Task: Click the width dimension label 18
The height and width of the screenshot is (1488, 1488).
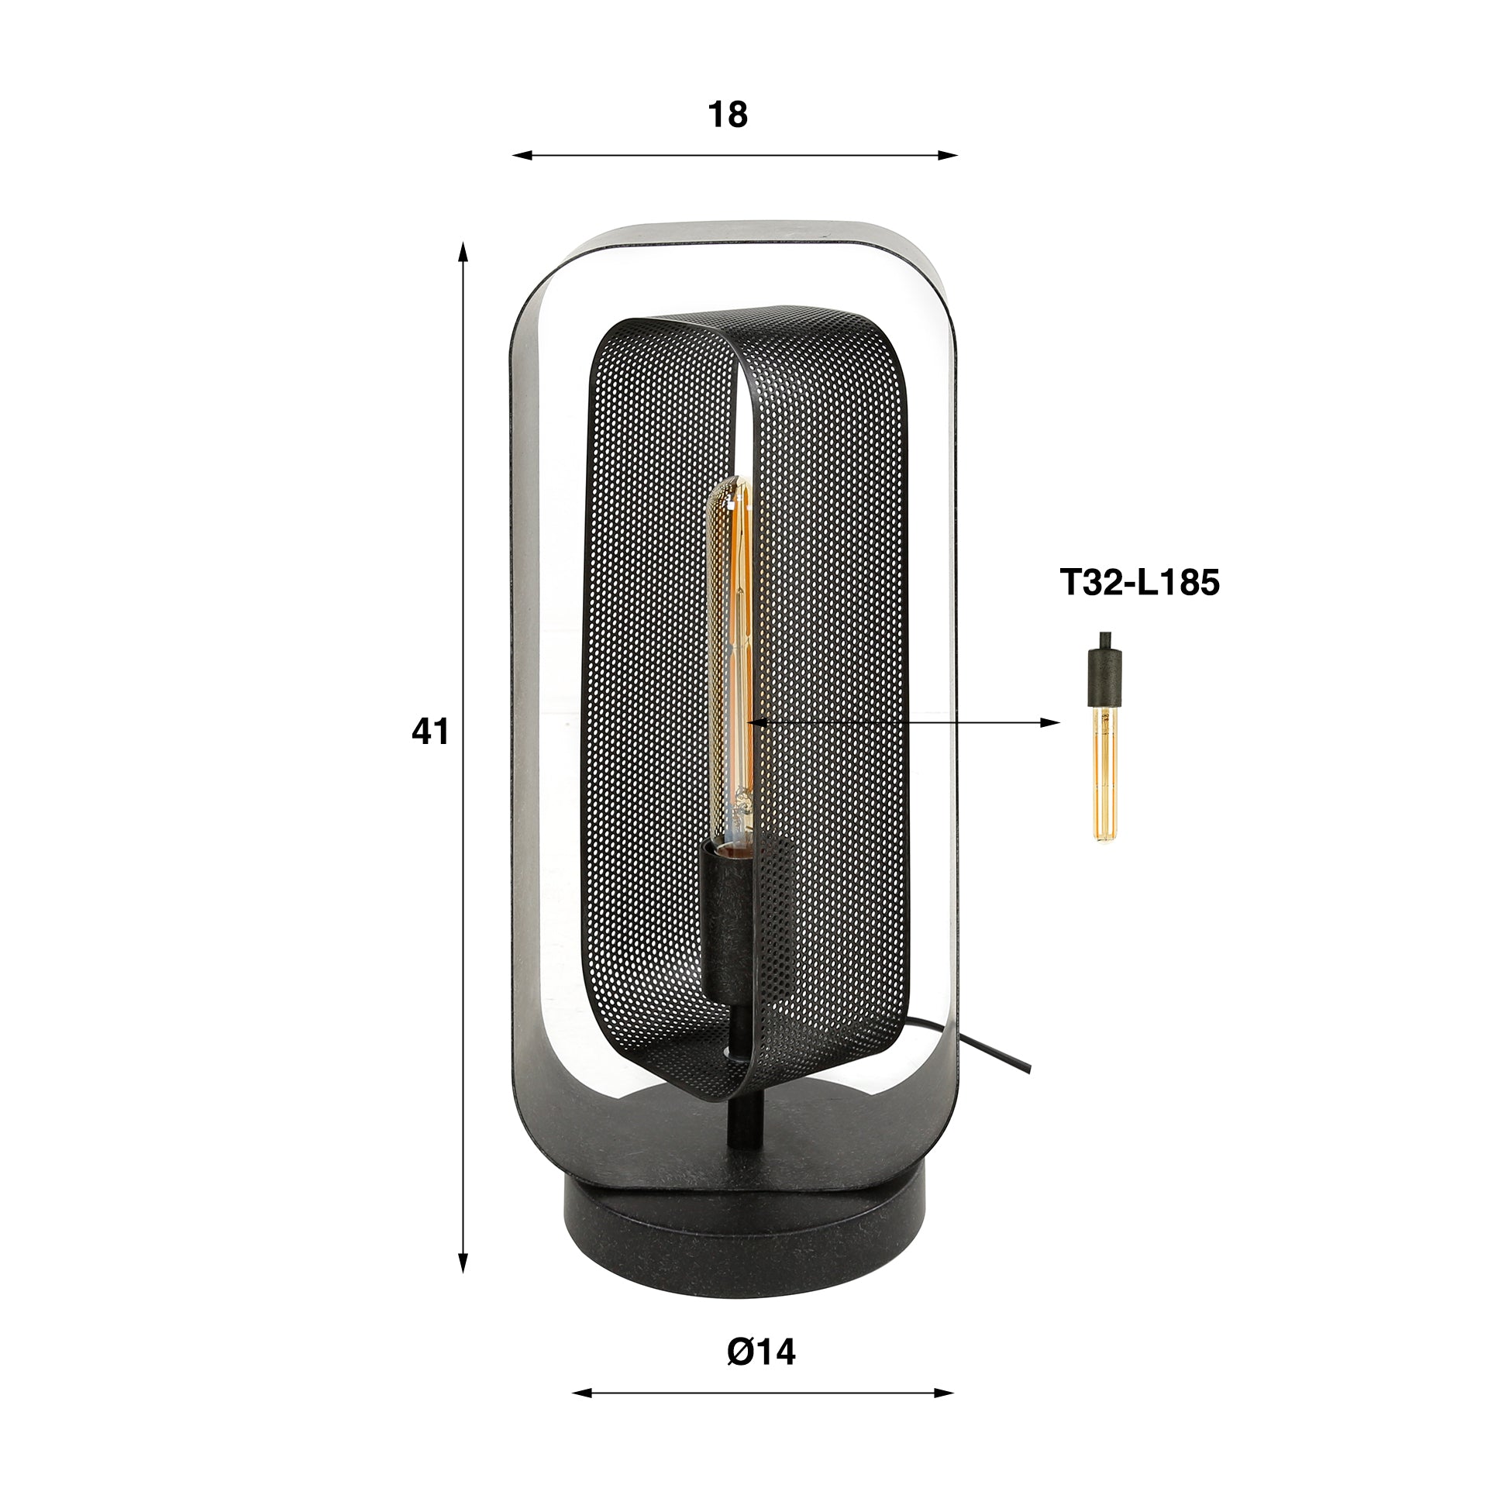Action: (728, 115)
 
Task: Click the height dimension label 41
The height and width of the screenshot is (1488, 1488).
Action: (430, 732)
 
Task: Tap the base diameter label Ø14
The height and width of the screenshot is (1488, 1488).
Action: (762, 1353)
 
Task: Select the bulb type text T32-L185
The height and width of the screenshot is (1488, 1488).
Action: (1139, 583)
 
